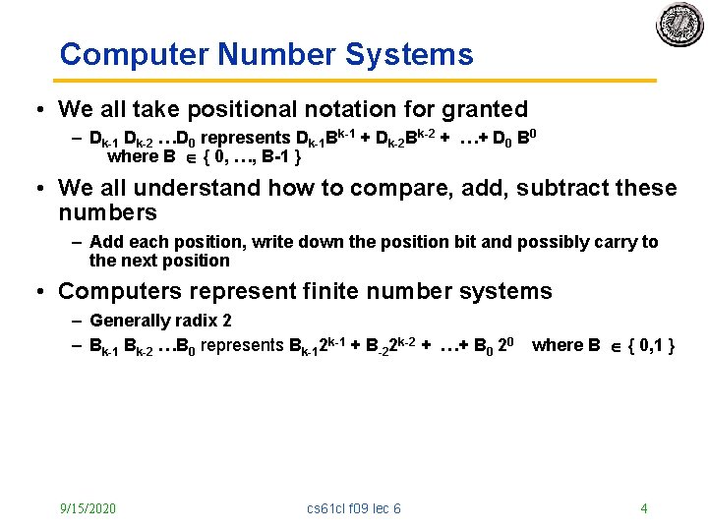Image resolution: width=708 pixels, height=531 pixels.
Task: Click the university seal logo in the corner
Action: point(679,24)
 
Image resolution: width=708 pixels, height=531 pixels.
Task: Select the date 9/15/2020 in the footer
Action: point(88,508)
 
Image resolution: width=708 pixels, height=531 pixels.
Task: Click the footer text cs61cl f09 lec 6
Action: point(354,508)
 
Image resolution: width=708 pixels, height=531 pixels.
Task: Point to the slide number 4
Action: point(643,508)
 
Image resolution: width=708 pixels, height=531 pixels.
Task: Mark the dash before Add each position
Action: point(77,242)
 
